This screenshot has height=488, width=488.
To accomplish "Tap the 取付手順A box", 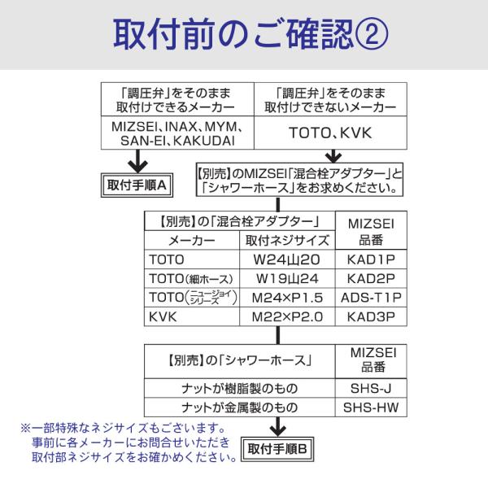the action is coord(137,184).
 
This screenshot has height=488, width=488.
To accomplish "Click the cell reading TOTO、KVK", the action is coord(329,132).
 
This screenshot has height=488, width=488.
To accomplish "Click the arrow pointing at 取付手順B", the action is coord(277,426).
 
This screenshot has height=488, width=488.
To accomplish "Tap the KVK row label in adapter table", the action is coord(163,316).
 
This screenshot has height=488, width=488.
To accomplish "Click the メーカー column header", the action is coord(192,241).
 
